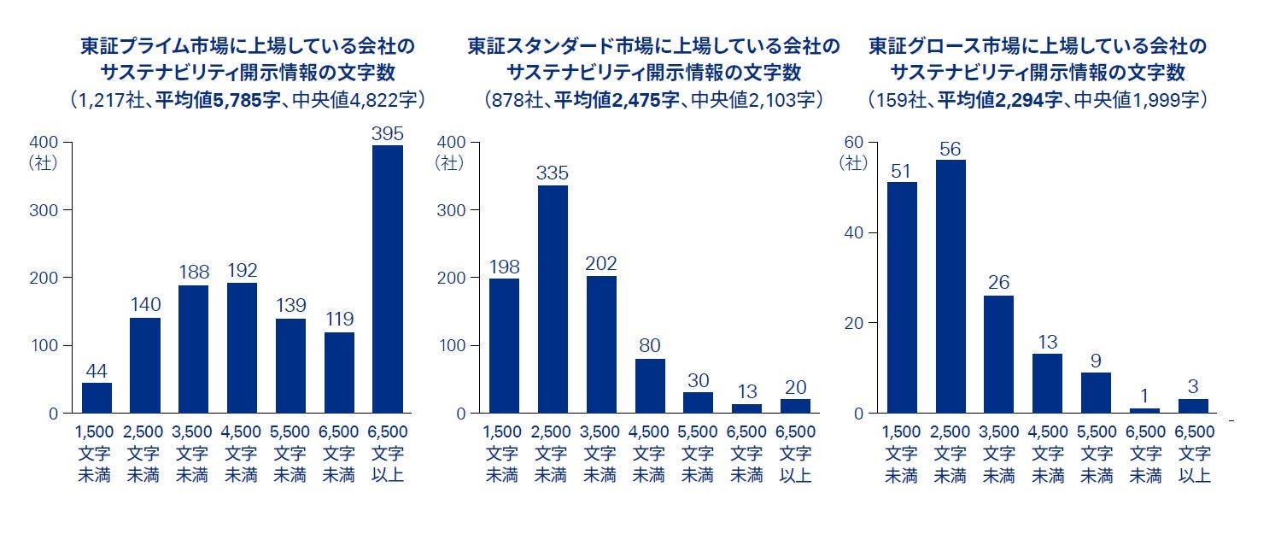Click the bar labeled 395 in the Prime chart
click(388, 279)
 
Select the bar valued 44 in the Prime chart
click(97, 398)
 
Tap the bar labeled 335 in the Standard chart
click(552, 299)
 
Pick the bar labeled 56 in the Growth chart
click(951, 286)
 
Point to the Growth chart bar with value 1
click(1145, 411)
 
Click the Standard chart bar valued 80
click(649, 386)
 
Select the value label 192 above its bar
click(242, 270)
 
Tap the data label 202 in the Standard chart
click(600, 263)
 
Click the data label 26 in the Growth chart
click(999, 282)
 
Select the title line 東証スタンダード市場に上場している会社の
click(653, 45)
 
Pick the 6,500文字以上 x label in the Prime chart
click(388, 453)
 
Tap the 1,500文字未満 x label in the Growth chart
click(902, 453)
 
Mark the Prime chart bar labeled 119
click(339, 373)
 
